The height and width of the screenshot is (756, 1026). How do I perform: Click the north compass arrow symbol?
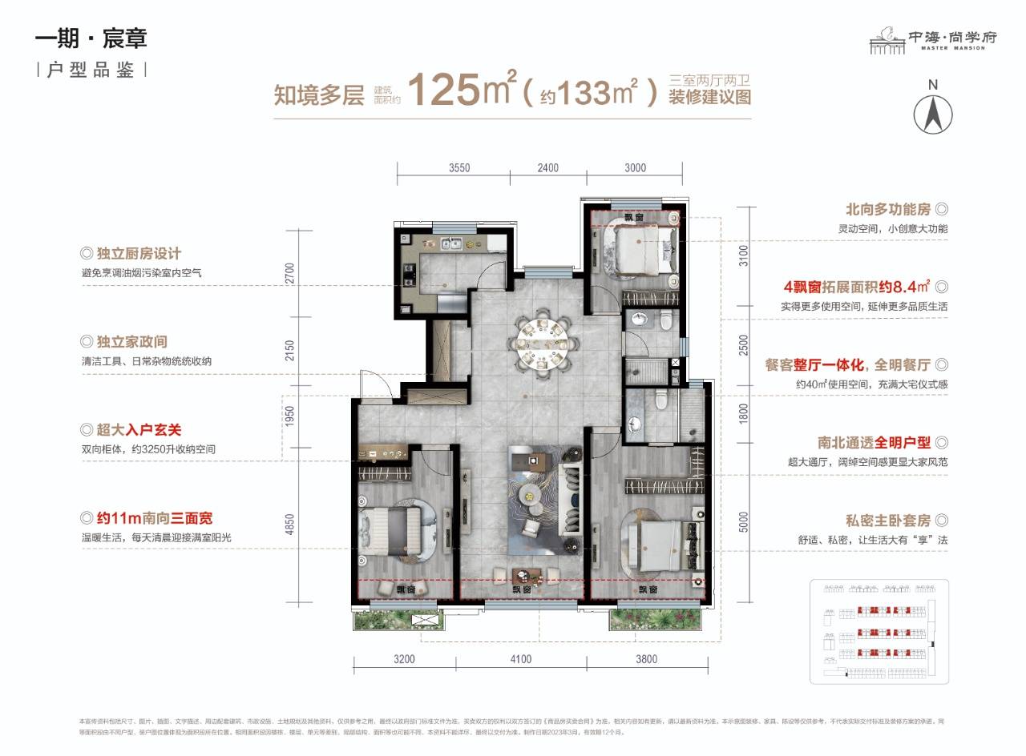point(933,113)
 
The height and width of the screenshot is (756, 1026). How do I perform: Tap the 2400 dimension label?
point(547,168)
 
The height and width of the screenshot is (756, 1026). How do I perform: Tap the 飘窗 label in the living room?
point(523,589)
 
